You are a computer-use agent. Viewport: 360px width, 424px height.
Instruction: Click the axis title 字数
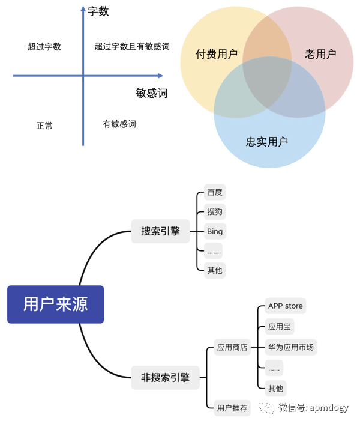pos(98,11)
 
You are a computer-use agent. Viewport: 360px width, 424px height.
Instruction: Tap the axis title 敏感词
pos(151,93)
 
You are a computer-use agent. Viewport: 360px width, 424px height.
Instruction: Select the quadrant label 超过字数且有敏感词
pos(132,46)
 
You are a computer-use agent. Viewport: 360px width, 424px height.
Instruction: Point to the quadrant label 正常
pos(44,126)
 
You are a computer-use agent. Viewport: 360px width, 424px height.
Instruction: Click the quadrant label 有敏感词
pos(119,124)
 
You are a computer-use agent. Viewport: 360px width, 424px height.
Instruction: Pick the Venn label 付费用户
pos(217,54)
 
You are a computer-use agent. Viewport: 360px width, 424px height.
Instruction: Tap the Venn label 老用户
pos(320,54)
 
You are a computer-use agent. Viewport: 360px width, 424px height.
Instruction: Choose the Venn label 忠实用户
pos(267,142)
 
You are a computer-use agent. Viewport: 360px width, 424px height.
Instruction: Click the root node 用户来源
pos(55,304)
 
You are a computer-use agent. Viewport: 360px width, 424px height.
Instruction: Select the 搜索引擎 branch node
pos(160,231)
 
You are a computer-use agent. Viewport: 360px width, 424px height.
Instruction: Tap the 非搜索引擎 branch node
pos(165,378)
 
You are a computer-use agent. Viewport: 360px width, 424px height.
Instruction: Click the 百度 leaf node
pos(214,192)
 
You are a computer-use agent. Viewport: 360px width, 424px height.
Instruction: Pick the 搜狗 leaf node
pos(214,211)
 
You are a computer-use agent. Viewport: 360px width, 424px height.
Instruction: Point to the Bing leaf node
pos(214,231)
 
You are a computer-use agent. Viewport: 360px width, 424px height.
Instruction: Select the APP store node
pos(286,306)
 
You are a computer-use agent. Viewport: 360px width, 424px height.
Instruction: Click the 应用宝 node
pos(280,327)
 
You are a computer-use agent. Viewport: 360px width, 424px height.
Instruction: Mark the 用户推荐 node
pos(232,408)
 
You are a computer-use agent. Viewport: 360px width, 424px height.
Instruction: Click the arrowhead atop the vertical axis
pos(83,8)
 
